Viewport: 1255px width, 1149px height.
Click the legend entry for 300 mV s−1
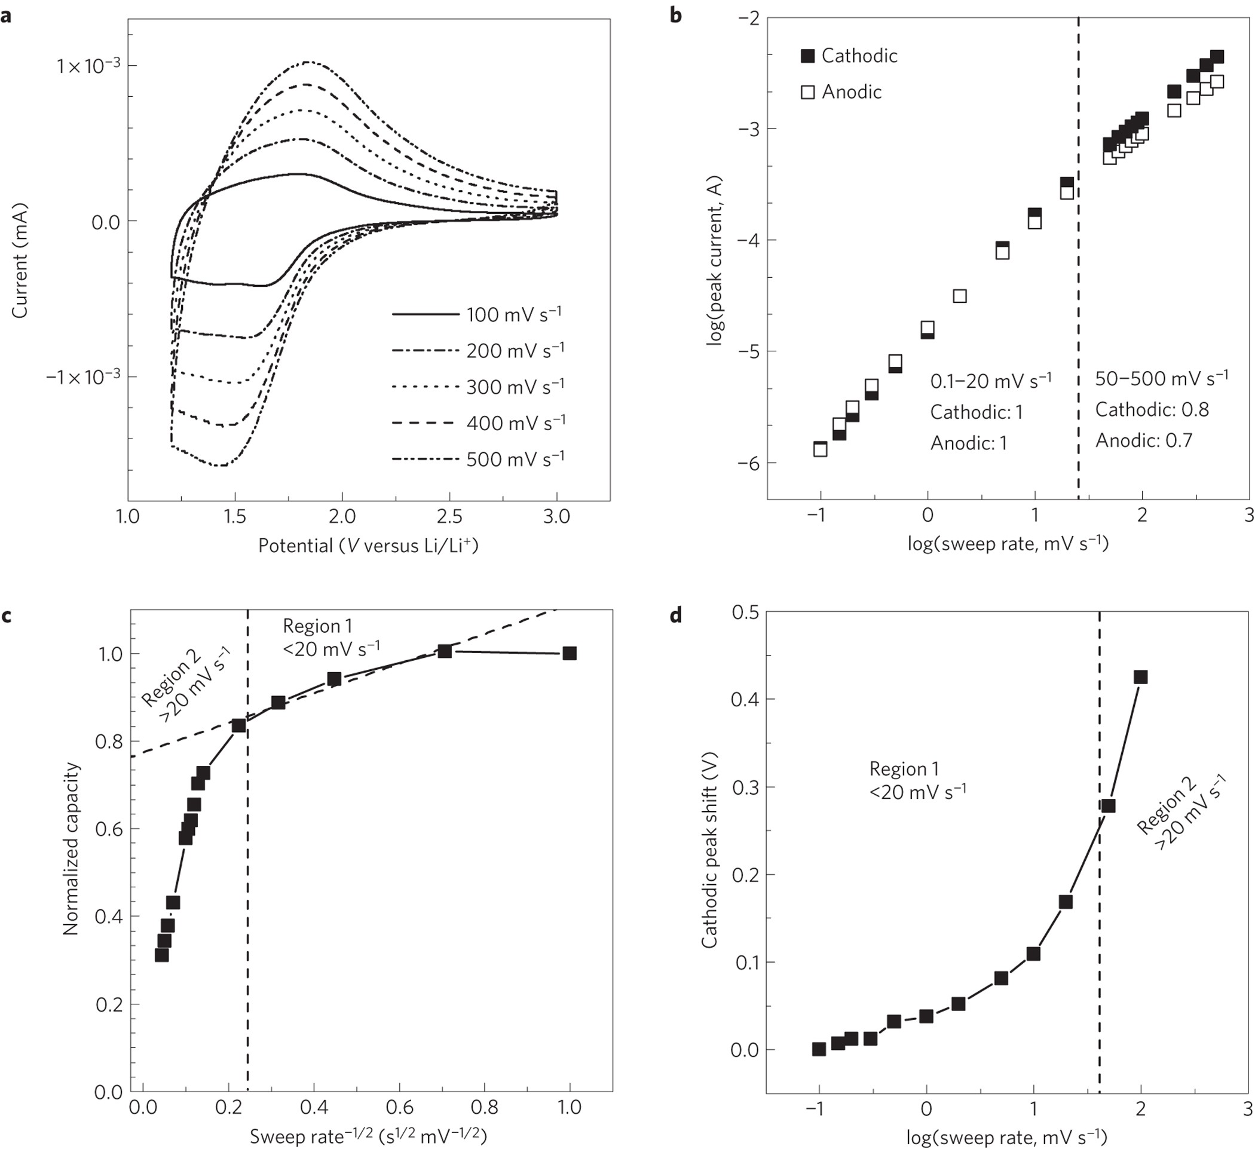(515, 387)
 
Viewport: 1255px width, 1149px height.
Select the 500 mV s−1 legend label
(515, 459)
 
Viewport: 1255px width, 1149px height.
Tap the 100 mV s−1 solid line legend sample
(425, 315)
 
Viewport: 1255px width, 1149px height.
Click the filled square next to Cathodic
(807, 56)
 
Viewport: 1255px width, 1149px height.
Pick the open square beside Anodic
(807, 92)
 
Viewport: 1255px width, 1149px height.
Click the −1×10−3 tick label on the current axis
(83, 377)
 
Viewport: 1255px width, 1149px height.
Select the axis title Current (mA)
(20, 259)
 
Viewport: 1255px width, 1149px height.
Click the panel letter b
(675, 15)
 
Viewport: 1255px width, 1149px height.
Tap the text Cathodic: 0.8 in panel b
(1152, 409)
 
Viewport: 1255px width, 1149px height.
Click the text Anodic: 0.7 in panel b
(1144, 441)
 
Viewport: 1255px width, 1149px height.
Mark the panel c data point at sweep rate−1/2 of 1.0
(569, 653)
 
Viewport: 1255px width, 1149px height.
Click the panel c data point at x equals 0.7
(444, 651)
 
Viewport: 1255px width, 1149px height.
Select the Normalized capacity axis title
(71, 849)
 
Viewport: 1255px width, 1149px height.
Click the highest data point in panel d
(1140, 677)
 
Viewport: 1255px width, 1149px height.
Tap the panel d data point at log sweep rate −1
(819, 1049)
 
